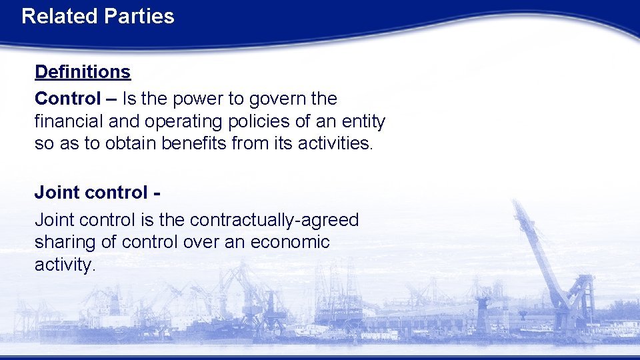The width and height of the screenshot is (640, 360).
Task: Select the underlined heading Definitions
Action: [x=83, y=71]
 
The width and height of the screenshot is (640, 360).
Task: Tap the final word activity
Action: [x=65, y=265]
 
